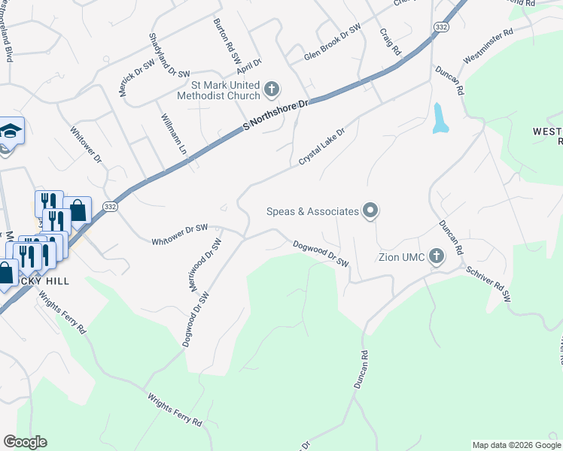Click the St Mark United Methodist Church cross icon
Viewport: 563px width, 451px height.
[272, 90]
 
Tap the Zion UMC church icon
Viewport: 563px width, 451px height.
[437, 257]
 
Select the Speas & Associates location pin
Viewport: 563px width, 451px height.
[370, 211]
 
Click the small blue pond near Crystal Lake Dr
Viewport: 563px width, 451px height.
[439, 118]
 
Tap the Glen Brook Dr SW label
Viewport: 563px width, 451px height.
[333, 44]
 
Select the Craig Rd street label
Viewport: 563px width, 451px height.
[390, 41]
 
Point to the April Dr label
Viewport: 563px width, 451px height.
[249, 66]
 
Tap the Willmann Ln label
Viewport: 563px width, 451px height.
[173, 134]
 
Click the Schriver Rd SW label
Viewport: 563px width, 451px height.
[488, 284]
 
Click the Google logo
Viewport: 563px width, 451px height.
[25, 442]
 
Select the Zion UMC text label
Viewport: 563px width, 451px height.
[401, 258]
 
